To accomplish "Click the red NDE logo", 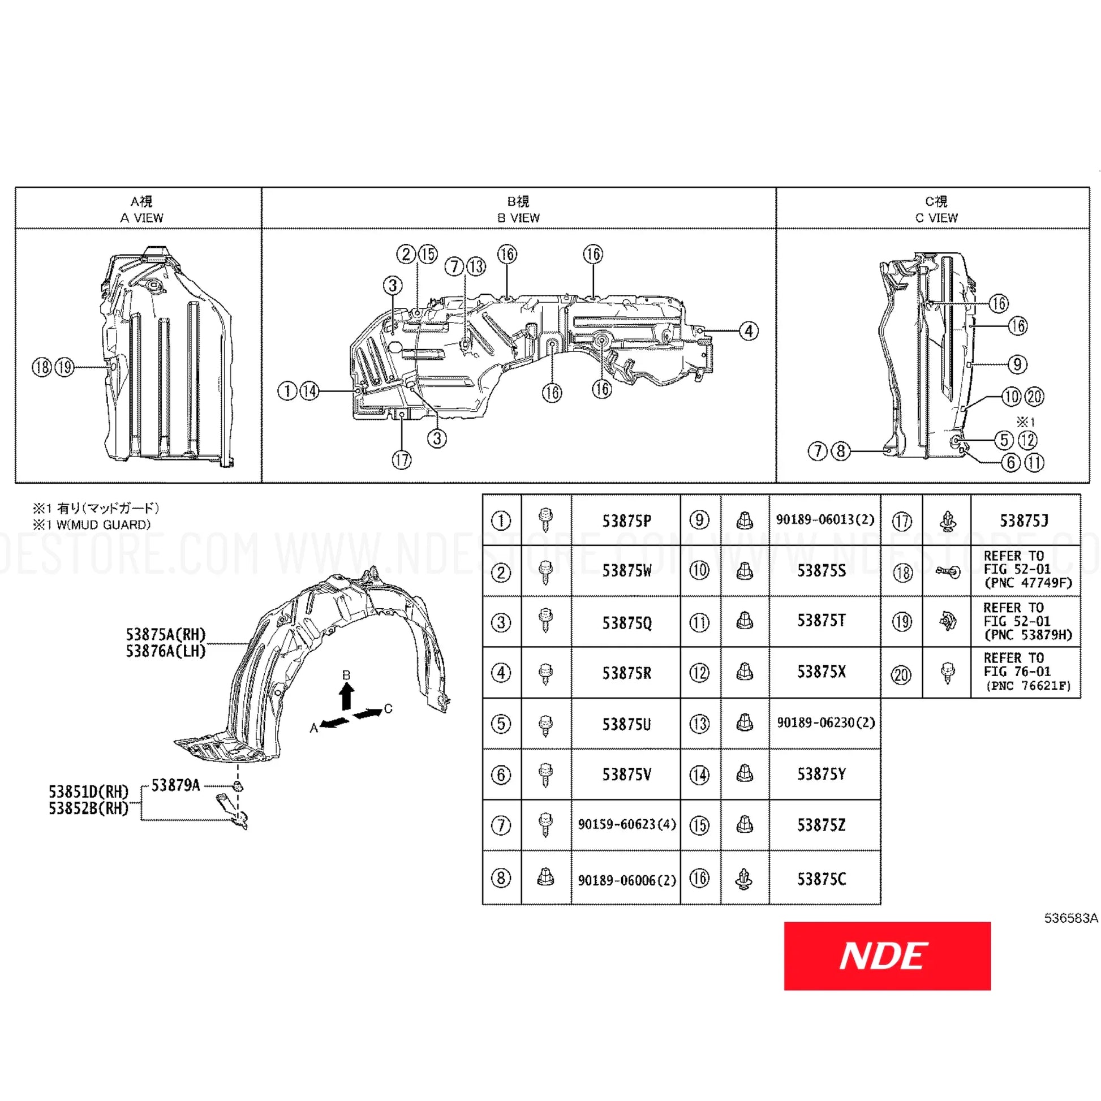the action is (887, 956).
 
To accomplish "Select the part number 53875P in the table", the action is (626, 521).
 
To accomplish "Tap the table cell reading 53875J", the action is (1023, 521).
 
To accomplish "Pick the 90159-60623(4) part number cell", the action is (627, 824).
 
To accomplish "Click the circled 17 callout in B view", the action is (402, 459).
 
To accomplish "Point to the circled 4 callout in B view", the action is (749, 330).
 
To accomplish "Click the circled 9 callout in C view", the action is (1017, 364).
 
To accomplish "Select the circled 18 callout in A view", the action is (42, 367).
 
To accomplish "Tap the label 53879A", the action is (175, 785).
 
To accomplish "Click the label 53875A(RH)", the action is (166, 634).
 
